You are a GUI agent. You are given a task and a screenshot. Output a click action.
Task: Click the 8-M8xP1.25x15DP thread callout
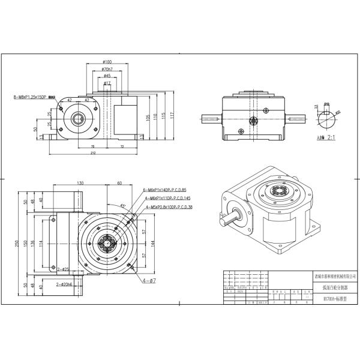pyautogui.click(x=34, y=97)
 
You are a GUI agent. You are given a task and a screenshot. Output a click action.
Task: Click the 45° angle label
pyautogui.click(x=124, y=206)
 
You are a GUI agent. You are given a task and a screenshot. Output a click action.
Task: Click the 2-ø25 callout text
pyautogui.click(x=62, y=269)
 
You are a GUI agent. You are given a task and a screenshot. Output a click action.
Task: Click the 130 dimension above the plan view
pyautogui.click(x=80, y=183)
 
